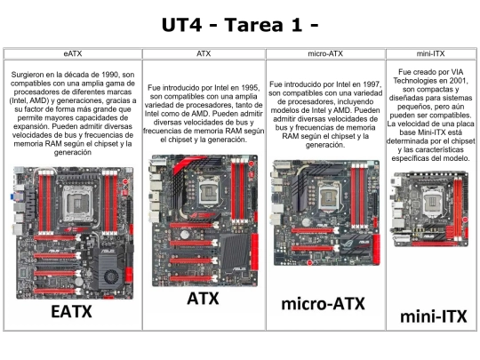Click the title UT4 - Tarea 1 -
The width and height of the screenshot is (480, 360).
240,25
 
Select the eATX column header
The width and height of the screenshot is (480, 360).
73,53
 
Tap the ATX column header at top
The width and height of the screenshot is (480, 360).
204,53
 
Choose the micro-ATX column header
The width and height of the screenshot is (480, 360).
325,53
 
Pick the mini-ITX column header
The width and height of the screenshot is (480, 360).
430,53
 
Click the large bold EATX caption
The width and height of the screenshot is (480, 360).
71,312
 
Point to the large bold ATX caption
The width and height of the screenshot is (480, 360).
203,299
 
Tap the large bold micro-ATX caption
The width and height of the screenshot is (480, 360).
323,304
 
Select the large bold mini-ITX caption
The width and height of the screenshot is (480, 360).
434,316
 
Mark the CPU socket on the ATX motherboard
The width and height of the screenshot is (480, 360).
209,192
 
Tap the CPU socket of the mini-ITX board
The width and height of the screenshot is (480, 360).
432,202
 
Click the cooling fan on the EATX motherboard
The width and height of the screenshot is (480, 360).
111,277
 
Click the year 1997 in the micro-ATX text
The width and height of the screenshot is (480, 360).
372,84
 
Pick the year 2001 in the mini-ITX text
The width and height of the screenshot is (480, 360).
458,81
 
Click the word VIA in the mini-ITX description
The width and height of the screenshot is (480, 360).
457,72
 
